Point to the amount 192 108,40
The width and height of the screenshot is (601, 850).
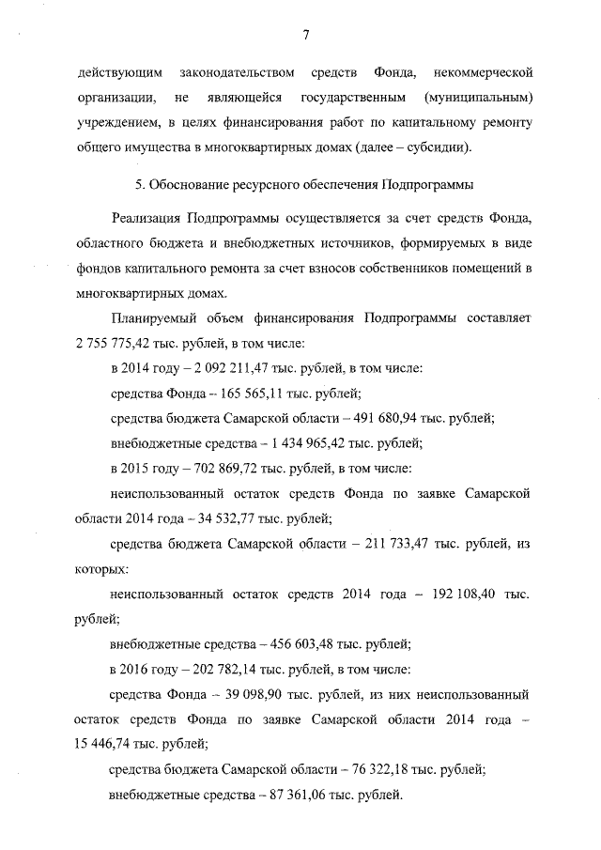click(x=458, y=595)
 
